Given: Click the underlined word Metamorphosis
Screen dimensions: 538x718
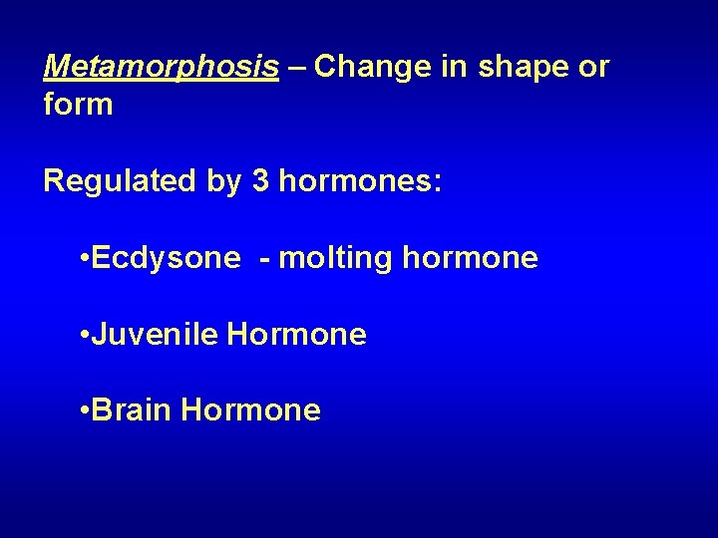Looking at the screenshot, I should click(x=162, y=68).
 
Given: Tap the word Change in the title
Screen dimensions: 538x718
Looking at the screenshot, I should click(x=368, y=67).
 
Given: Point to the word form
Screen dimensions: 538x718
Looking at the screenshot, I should click(x=78, y=104).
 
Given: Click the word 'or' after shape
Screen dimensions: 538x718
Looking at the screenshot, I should click(x=592, y=67).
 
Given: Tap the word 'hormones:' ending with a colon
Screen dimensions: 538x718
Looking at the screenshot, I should click(x=357, y=181).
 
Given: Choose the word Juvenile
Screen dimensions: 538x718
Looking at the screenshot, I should click(x=155, y=335).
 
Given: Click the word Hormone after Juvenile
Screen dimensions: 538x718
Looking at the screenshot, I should click(x=297, y=335).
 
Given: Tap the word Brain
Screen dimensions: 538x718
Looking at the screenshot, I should click(x=135, y=409).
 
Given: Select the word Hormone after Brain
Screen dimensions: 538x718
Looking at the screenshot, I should click(x=252, y=409).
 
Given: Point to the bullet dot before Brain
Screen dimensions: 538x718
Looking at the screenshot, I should click(x=83, y=410).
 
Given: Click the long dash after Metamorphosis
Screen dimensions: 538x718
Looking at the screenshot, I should click(x=296, y=68).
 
